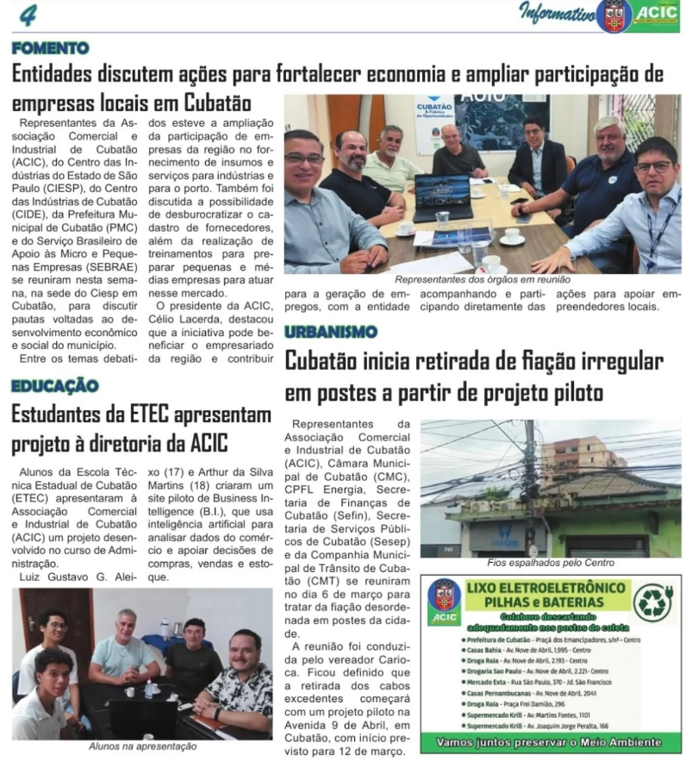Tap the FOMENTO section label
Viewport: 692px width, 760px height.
pyautogui.click(x=50, y=48)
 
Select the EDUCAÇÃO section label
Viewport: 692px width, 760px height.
pyautogui.click(x=54, y=385)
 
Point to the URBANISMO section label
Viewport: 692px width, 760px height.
pyautogui.click(x=331, y=332)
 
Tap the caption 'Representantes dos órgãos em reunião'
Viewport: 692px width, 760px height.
pyautogui.click(x=483, y=280)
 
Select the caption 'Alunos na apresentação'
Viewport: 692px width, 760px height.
pyautogui.click(x=142, y=746)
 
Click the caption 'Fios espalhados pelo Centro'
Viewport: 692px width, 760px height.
pyautogui.click(x=551, y=563)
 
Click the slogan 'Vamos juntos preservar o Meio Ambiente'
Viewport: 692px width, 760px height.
pyautogui.click(x=550, y=741)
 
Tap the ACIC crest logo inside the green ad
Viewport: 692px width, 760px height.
pyautogui.click(x=445, y=601)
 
